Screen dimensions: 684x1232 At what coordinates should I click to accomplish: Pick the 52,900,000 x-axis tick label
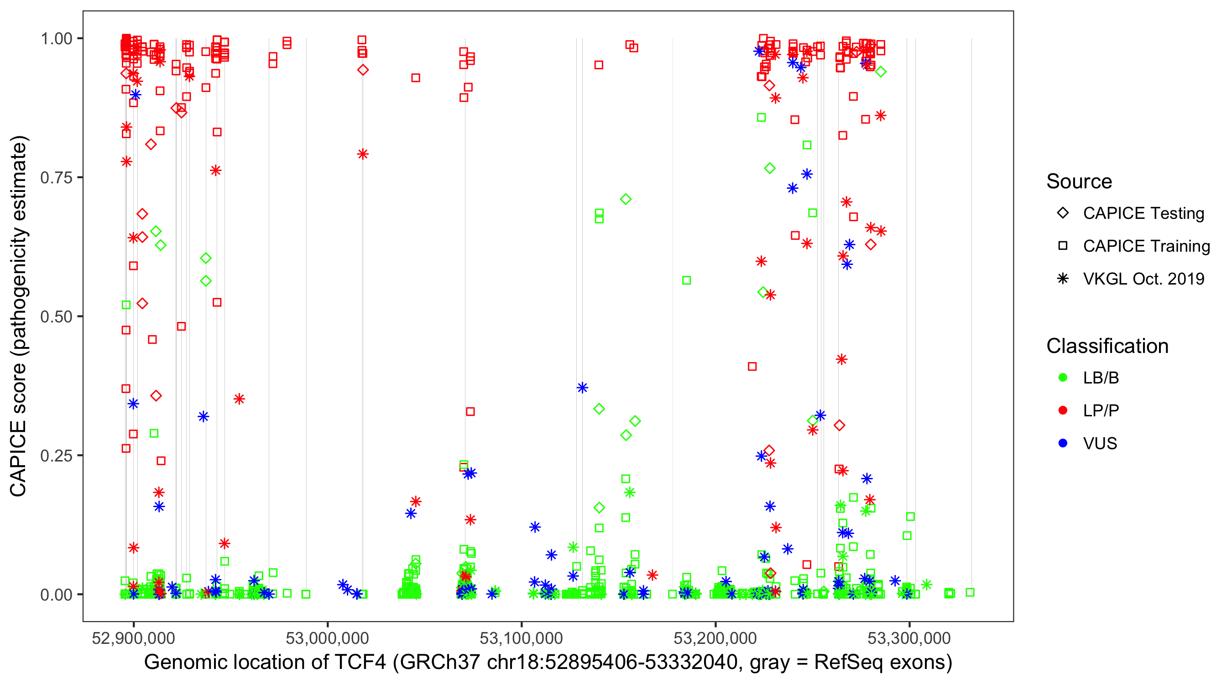(x=133, y=638)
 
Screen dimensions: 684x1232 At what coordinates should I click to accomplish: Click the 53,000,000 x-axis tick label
(x=327, y=638)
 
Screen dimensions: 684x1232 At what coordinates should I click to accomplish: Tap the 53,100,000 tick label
(x=521, y=638)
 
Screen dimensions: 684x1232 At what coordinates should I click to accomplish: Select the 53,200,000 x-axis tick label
(x=715, y=638)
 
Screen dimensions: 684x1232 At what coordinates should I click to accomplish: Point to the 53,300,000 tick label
(x=909, y=638)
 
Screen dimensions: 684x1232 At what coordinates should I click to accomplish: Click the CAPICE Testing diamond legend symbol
(x=1063, y=213)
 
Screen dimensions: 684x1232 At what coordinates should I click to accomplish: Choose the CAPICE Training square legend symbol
(x=1063, y=246)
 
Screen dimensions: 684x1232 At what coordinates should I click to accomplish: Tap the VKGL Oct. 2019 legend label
(x=1143, y=279)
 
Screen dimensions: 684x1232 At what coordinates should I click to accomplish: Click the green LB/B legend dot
(x=1063, y=378)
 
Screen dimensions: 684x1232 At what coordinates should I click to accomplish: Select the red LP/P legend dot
(x=1063, y=410)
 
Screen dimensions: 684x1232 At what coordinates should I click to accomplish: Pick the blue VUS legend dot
(x=1063, y=443)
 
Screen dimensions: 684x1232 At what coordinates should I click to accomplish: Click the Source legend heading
(x=1079, y=181)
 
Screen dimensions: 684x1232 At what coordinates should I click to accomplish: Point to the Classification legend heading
(x=1107, y=346)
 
